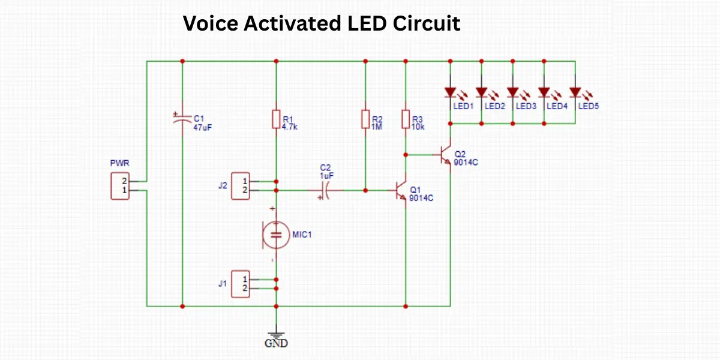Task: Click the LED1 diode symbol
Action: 451,92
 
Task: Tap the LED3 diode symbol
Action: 513,92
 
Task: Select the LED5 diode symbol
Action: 575,92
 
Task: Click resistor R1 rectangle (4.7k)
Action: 276,119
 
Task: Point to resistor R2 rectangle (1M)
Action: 365,119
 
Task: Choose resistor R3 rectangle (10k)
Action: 406,119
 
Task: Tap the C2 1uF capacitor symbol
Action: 326,191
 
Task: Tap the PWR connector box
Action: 119,185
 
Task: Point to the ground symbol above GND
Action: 276,334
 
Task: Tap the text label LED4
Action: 557,106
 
